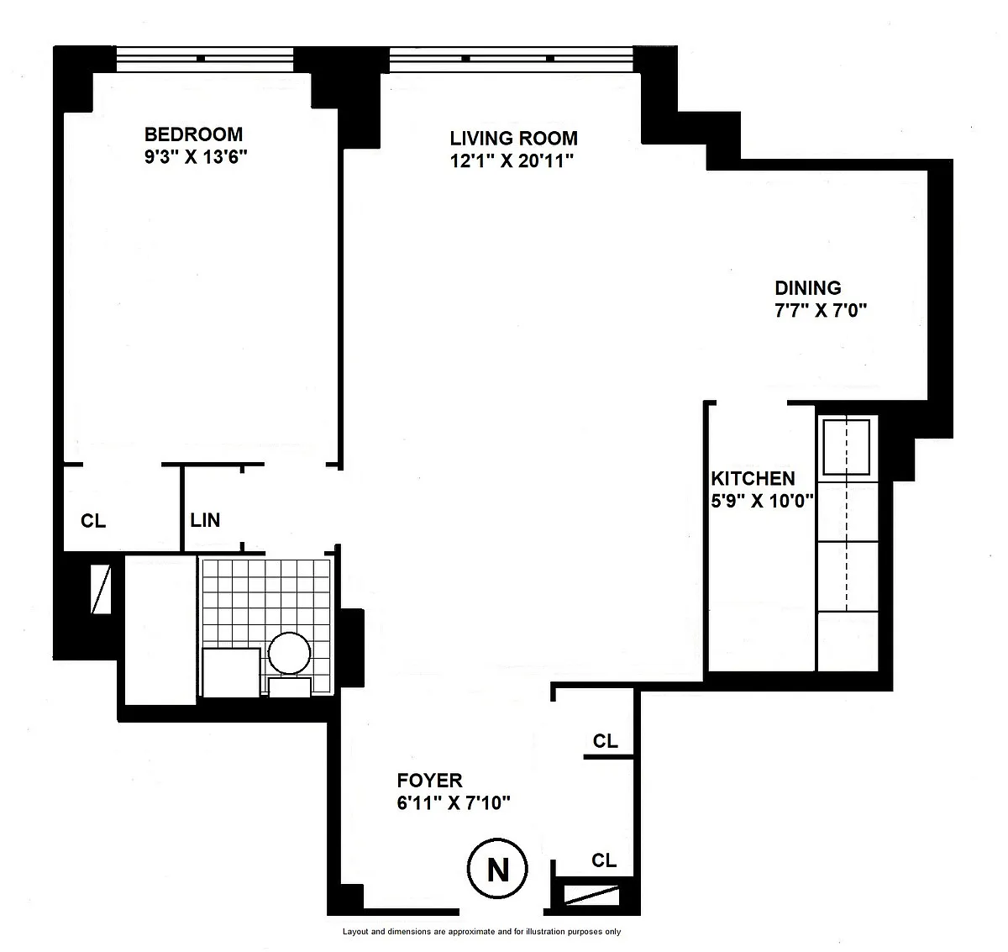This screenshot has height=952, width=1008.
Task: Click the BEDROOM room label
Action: tap(194, 134)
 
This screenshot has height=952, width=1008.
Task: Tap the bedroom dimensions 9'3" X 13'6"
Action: tap(196, 157)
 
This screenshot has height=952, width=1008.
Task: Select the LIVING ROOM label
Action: tap(513, 138)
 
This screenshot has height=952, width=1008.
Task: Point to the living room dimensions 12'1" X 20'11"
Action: tap(512, 161)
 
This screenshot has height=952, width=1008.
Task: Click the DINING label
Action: tap(808, 288)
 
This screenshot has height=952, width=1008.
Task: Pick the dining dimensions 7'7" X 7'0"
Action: tap(821, 310)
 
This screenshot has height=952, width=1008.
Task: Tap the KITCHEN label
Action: tap(753, 478)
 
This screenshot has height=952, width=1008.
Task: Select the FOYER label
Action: tap(429, 780)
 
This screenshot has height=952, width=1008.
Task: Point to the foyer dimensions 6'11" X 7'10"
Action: tap(454, 802)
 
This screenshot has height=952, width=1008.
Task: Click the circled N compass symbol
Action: tap(497, 868)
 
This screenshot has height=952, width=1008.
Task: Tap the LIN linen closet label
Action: tap(205, 520)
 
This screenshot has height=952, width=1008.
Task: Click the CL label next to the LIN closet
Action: tap(93, 521)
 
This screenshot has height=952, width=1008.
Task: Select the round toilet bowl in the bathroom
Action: tap(289, 653)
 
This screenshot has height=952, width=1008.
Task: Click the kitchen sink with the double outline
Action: tap(846, 447)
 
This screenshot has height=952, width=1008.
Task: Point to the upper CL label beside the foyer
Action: tap(606, 741)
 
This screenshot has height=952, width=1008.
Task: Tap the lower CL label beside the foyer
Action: tap(604, 860)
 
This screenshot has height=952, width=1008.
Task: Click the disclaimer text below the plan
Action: tap(481, 932)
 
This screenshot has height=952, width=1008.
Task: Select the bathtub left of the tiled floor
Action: tap(160, 630)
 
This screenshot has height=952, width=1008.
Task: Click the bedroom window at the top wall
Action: tap(205, 59)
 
